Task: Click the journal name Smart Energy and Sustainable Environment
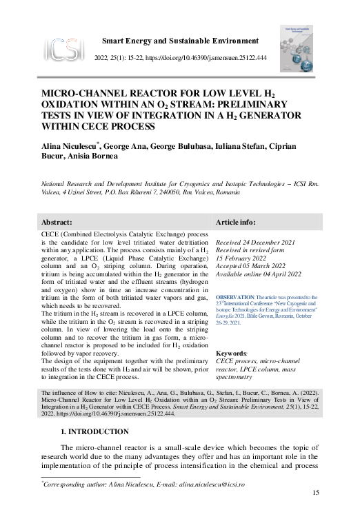point(180,41)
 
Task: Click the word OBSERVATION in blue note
point(234,297)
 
